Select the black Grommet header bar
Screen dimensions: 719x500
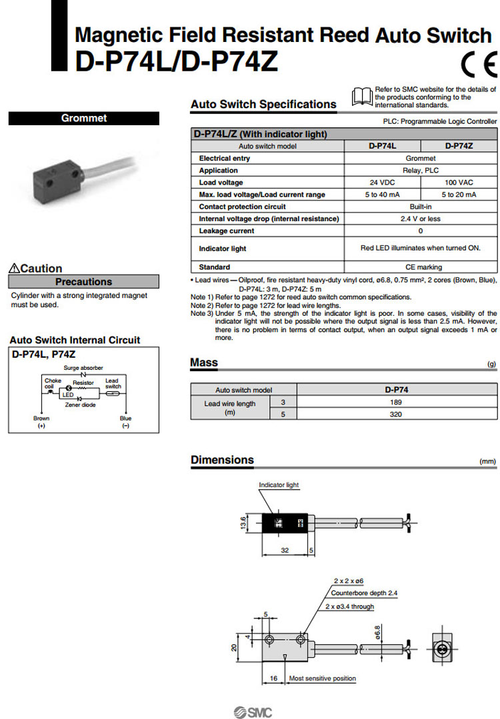pos(84,119)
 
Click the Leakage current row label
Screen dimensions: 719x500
pos(227,231)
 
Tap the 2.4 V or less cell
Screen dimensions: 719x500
pos(420,219)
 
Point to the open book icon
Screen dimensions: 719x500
pos(362,97)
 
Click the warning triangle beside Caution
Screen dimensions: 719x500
pos(15,269)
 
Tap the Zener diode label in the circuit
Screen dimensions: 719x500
pos(80,404)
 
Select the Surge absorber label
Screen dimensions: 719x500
pos(83,368)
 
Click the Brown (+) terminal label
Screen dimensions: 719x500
pos(41,422)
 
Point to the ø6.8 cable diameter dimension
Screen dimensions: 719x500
pos(377,630)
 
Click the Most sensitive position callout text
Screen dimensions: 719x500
pos(322,679)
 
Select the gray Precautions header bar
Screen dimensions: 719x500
pos(84,282)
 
